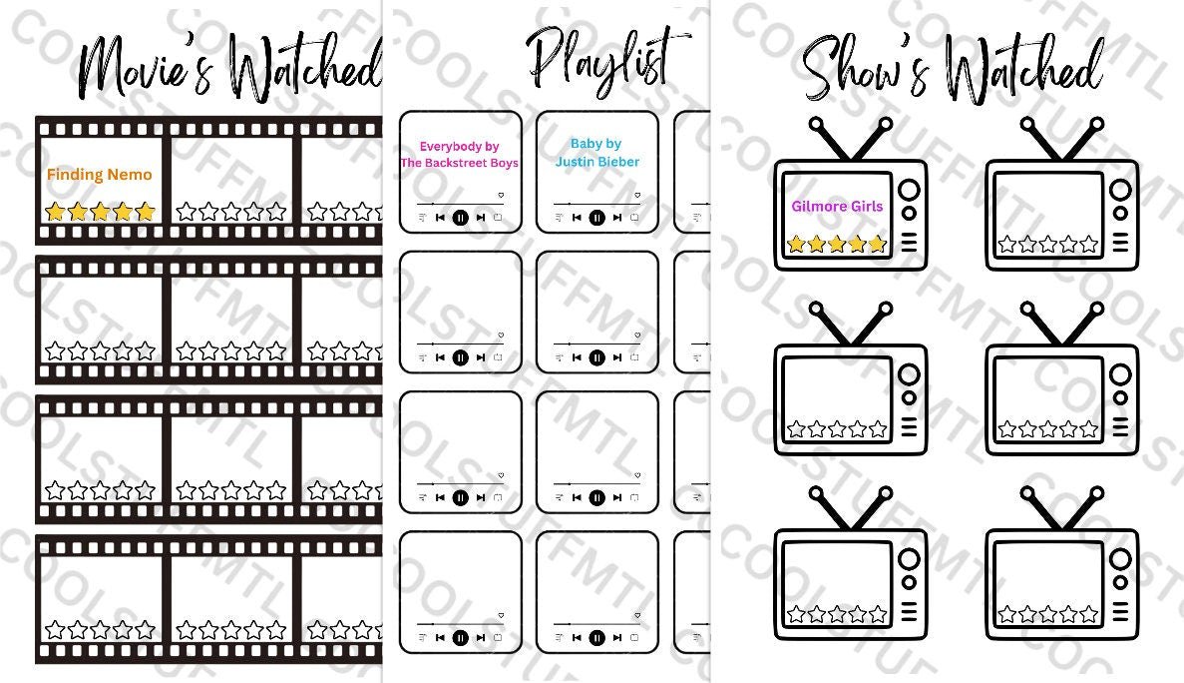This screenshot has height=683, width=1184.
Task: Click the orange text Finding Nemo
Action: (100, 175)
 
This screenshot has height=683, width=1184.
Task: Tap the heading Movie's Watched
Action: (229, 68)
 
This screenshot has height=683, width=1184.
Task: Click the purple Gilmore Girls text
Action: (837, 206)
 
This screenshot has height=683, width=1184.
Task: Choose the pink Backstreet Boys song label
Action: (460, 155)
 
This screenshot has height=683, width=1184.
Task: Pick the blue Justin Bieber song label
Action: (596, 153)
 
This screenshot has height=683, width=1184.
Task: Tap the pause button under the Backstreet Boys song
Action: (460, 217)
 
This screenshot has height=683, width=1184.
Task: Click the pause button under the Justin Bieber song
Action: (596, 217)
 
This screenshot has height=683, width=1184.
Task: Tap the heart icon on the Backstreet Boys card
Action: (501, 195)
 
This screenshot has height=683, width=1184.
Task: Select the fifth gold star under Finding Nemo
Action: (146, 212)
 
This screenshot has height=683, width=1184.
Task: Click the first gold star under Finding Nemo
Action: (55, 212)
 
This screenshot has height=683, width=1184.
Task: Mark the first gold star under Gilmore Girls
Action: (796, 244)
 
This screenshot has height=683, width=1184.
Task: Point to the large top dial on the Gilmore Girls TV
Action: (909, 190)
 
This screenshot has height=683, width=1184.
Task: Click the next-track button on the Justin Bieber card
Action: (617, 217)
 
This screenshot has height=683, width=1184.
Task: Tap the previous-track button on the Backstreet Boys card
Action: (440, 217)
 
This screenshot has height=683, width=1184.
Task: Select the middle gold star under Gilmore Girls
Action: (837, 244)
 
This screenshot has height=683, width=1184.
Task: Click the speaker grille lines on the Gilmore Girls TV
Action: (909, 243)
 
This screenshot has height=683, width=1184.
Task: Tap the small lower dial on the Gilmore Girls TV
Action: (909, 213)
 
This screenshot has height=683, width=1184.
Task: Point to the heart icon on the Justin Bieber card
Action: (637, 195)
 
